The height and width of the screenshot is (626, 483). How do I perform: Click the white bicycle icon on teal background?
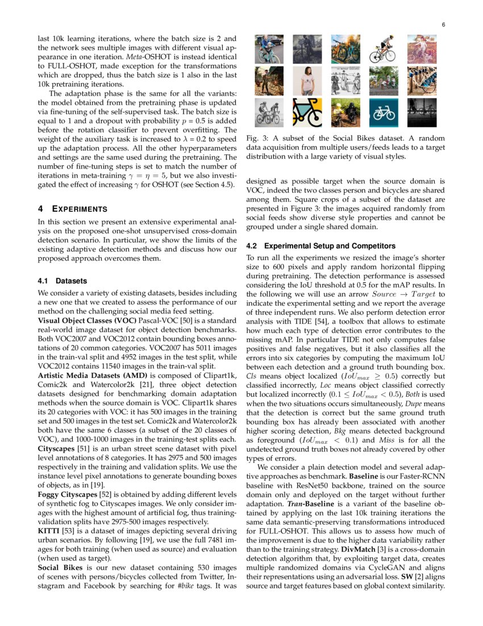384,112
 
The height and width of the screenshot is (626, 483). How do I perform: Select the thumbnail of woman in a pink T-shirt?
307,81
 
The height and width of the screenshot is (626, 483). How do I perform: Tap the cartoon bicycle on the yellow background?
307,112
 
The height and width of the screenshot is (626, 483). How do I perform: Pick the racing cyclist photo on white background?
384,50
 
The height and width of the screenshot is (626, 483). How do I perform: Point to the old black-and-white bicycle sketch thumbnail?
345,81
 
